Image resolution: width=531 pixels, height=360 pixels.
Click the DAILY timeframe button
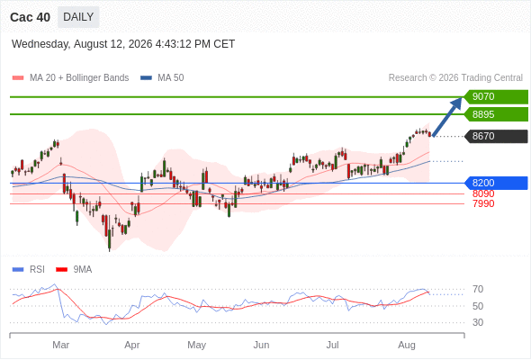click(78, 17)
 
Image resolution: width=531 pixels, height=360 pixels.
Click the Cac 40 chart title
click(30, 17)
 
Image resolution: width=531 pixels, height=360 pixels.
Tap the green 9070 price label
click(496, 96)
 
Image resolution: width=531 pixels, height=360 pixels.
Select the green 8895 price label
click(496, 114)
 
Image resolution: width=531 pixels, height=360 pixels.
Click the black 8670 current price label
click(496, 136)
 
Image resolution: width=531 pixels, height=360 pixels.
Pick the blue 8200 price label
click(496, 183)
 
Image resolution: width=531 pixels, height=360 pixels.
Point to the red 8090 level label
click(483, 193)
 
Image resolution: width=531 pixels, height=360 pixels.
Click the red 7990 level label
click(483, 203)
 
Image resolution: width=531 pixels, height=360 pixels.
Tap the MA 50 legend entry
click(162, 78)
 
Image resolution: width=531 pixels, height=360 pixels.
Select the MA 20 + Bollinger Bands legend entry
click(70, 78)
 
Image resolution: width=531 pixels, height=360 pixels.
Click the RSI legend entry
click(29, 270)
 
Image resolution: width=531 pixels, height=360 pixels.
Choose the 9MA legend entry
click(74, 270)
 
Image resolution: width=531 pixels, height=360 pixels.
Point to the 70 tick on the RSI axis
click(478, 289)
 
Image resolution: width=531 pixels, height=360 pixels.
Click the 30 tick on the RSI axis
click(478, 322)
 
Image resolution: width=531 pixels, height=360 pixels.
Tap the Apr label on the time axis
click(132, 345)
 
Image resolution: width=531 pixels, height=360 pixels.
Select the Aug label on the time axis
click(407, 345)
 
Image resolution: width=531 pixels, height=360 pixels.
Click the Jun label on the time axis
click(261, 345)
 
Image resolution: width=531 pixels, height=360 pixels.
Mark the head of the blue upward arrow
click(461, 98)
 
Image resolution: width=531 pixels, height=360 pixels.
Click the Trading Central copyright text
click(455, 78)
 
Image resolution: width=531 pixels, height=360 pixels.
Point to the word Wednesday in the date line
click(40, 44)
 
